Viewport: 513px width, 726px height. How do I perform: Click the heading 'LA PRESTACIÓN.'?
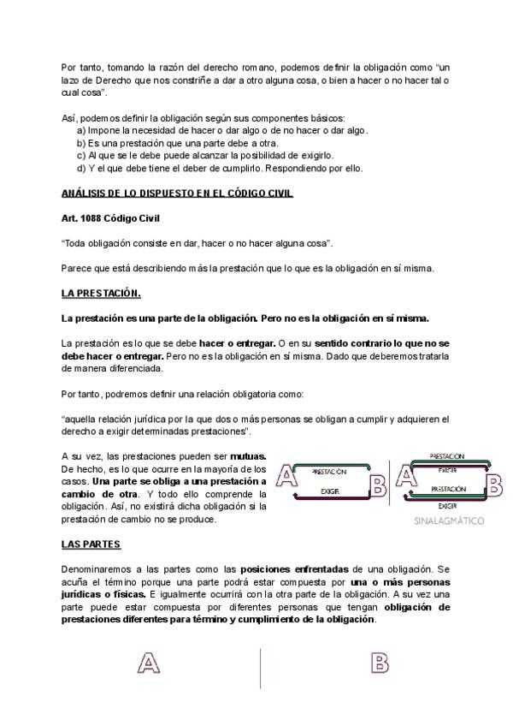(x=101, y=294)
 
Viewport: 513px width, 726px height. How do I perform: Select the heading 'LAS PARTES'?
(x=91, y=544)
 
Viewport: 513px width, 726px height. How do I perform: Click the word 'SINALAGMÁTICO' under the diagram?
(x=448, y=521)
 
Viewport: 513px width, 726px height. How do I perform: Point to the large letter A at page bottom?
(x=150, y=664)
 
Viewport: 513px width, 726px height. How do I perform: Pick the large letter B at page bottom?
(x=380, y=664)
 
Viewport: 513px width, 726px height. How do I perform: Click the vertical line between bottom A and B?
(x=261, y=668)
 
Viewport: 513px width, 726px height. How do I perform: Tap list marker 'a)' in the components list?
(x=82, y=130)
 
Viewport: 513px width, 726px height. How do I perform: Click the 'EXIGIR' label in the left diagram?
(x=331, y=491)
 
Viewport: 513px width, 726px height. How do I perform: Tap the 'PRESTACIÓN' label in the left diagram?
(x=329, y=472)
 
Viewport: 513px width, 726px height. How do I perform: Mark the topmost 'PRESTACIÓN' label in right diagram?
(x=446, y=457)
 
